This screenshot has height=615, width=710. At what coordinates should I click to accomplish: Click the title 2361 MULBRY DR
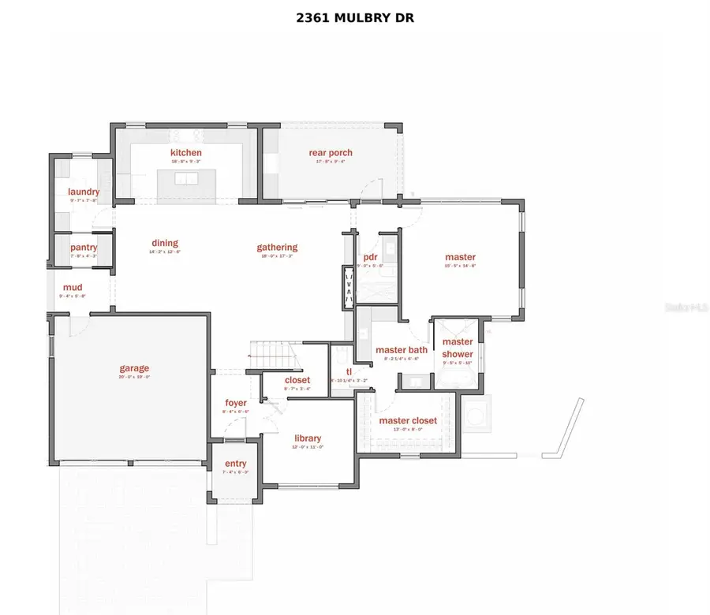pyautogui.click(x=354, y=17)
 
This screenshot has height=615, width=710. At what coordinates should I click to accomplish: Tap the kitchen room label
pyautogui.click(x=186, y=153)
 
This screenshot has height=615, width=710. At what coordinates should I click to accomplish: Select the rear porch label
pyautogui.click(x=331, y=153)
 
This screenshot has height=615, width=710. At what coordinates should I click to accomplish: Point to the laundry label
pyautogui.click(x=84, y=192)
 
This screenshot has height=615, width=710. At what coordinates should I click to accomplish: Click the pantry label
pyautogui.click(x=84, y=248)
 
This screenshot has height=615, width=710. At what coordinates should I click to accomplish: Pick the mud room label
pyautogui.click(x=73, y=288)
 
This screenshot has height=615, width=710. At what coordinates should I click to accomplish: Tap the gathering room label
pyautogui.click(x=277, y=247)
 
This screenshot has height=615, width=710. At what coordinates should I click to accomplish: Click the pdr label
pyautogui.click(x=370, y=257)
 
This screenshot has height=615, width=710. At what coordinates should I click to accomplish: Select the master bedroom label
pyautogui.click(x=460, y=257)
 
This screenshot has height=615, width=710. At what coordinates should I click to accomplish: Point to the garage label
pyautogui.click(x=134, y=367)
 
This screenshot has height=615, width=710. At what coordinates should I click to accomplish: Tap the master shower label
pyautogui.click(x=458, y=348)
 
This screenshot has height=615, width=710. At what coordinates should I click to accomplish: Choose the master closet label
pyautogui.click(x=408, y=420)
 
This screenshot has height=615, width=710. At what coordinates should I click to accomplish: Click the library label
pyautogui.click(x=308, y=438)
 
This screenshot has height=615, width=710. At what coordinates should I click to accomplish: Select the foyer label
pyautogui.click(x=236, y=403)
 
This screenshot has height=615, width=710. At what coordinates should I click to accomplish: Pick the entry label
pyautogui.click(x=235, y=463)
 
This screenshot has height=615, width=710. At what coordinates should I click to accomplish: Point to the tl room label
pyautogui.click(x=348, y=371)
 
